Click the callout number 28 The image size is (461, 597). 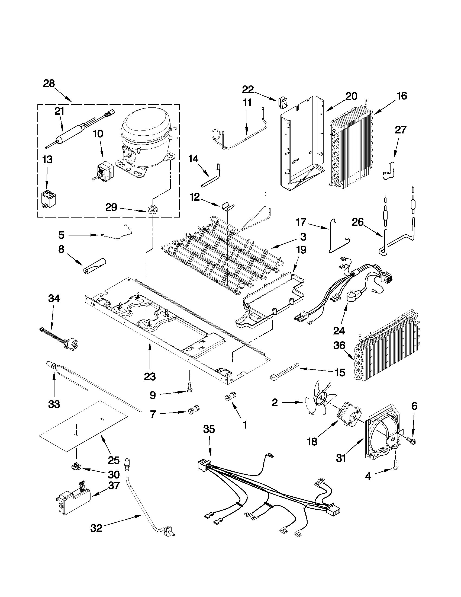(x=49, y=83)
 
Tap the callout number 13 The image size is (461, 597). (x=47, y=159)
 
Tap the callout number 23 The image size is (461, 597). (x=150, y=377)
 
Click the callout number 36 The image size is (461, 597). (x=339, y=346)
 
